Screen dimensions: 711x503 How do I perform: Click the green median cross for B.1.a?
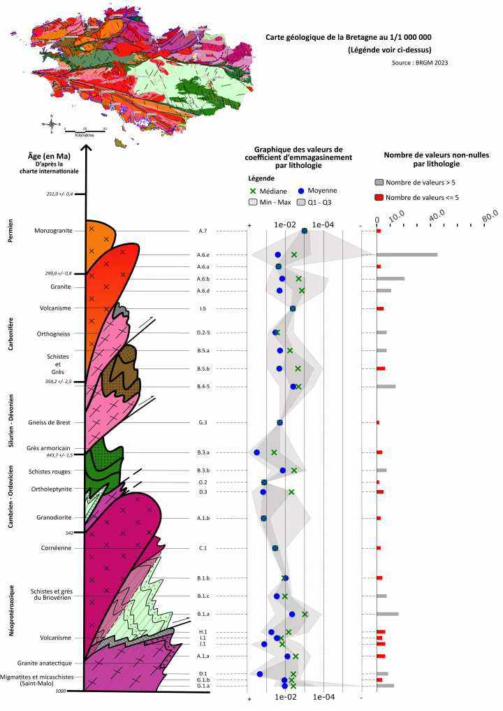305,615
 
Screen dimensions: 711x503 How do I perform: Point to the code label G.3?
203,423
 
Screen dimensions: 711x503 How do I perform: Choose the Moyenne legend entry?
321,190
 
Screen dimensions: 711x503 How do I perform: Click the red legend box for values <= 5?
380,197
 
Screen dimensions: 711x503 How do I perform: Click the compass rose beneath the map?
52,124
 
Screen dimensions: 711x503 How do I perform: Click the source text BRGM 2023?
421,62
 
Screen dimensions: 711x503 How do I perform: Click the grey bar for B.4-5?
386,387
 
